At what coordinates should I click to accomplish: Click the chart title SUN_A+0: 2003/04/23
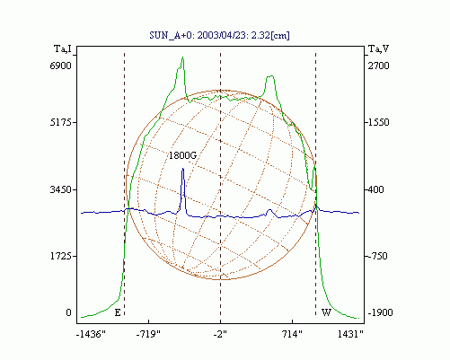(x=195, y=35)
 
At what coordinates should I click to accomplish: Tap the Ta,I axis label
(x=63, y=48)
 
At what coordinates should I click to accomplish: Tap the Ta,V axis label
(x=378, y=48)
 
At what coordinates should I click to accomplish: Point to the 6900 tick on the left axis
(x=61, y=66)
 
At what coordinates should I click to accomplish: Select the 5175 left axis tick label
(x=61, y=122)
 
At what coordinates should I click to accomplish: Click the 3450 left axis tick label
(x=61, y=189)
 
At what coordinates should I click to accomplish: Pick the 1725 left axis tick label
(x=61, y=256)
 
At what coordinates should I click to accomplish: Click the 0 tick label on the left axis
(x=68, y=312)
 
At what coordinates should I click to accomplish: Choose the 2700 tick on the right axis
(x=378, y=66)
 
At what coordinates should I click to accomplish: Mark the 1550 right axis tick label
(x=378, y=122)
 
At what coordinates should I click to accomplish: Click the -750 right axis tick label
(x=377, y=256)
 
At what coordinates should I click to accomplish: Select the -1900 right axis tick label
(x=380, y=312)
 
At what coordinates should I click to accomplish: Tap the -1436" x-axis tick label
(x=91, y=334)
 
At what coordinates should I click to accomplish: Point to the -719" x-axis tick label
(x=148, y=334)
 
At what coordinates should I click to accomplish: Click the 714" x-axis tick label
(x=292, y=334)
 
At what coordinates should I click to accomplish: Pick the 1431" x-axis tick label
(x=350, y=334)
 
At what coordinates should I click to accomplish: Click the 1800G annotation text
(x=182, y=155)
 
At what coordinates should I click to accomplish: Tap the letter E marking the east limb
(x=118, y=313)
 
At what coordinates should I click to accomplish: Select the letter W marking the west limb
(x=326, y=313)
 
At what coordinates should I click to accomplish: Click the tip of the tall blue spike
(x=182, y=169)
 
